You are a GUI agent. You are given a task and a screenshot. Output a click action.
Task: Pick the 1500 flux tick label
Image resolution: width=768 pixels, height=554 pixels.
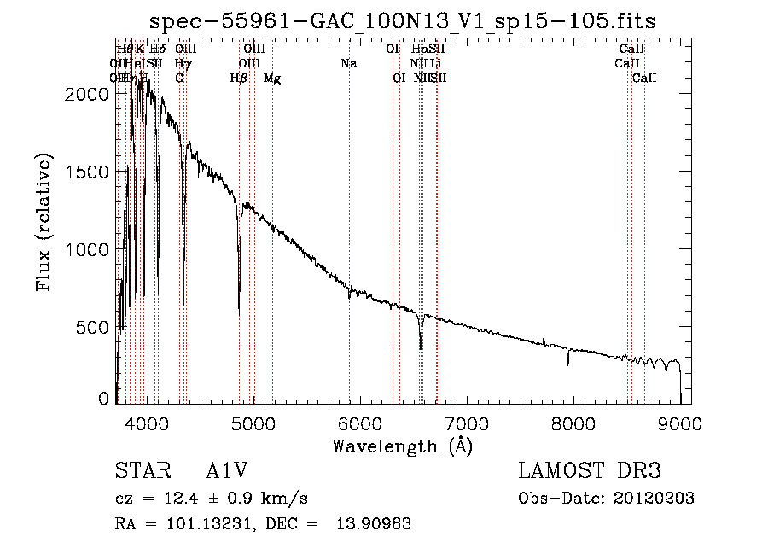point(88,172)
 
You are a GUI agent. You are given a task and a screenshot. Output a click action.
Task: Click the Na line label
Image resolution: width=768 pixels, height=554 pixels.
point(348,63)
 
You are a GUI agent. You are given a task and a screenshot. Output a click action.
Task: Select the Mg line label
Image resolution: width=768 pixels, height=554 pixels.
point(272,79)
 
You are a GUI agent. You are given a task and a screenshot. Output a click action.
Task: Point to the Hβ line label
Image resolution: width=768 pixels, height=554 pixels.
point(239,79)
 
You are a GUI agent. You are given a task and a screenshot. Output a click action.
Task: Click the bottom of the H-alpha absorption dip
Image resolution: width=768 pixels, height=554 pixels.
point(421,347)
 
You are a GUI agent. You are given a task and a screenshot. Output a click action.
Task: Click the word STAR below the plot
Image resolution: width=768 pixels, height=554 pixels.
point(137,471)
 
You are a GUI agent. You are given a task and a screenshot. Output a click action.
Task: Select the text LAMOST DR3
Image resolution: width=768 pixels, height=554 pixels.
point(590,471)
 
